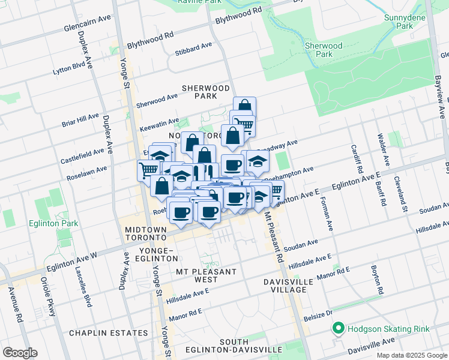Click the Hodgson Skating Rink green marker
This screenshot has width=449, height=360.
pyautogui.click(x=338, y=328)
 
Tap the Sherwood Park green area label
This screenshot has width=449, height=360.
pyautogui.click(x=324, y=50)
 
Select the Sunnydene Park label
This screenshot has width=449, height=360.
pyautogui.click(x=399, y=22)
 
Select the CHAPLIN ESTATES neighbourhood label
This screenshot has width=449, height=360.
pyautogui.click(x=108, y=332)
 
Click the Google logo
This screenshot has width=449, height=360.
pyautogui.click(x=20, y=352)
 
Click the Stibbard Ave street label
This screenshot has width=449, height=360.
pyautogui.click(x=193, y=49)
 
